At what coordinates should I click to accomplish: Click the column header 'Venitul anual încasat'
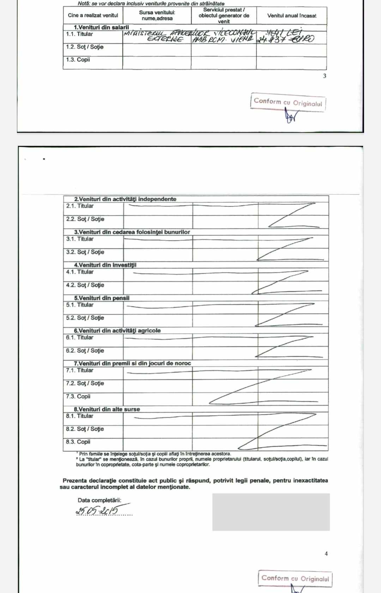point(292,16)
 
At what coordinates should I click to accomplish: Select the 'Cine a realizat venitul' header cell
point(93,16)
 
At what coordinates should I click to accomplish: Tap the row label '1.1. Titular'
point(79,34)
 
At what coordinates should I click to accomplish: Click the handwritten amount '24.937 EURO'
point(285,39)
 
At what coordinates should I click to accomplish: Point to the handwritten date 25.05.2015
point(97,510)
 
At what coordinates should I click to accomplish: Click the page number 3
point(325,76)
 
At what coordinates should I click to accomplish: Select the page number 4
point(326,554)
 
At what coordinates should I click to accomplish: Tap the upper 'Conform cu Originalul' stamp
point(288,102)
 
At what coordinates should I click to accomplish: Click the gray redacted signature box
point(271,512)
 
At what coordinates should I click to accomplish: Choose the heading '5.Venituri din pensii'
point(102,298)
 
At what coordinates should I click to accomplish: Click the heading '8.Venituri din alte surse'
point(107,409)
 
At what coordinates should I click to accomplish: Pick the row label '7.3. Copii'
point(78,396)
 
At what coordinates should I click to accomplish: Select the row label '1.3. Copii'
point(78,60)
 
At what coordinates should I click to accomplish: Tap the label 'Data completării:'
point(99,500)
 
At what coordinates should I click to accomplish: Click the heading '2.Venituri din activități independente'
point(125,199)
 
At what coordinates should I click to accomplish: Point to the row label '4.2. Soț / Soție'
point(85,285)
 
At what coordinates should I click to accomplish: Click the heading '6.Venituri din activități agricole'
point(117,331)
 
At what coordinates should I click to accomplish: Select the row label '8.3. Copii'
point(78,442)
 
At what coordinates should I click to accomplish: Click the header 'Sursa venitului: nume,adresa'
point(157,16)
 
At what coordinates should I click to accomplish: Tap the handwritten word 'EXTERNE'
point(165,39)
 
